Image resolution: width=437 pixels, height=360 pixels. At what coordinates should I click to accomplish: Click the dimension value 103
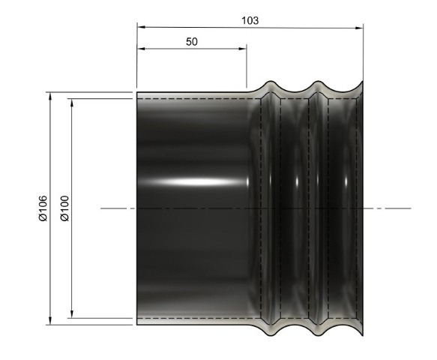tap(250, 20)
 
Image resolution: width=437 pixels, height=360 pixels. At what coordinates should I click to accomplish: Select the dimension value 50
tap(191, 42)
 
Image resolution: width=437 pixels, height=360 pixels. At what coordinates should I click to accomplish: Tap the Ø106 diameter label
tap(43, 208)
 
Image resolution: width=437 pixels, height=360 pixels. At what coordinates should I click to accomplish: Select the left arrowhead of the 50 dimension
tap(140, 50)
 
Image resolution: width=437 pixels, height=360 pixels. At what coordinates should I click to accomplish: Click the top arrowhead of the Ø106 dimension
tap(49, 96)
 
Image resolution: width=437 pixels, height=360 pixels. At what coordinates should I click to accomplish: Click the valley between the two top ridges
tap(296, 91)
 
